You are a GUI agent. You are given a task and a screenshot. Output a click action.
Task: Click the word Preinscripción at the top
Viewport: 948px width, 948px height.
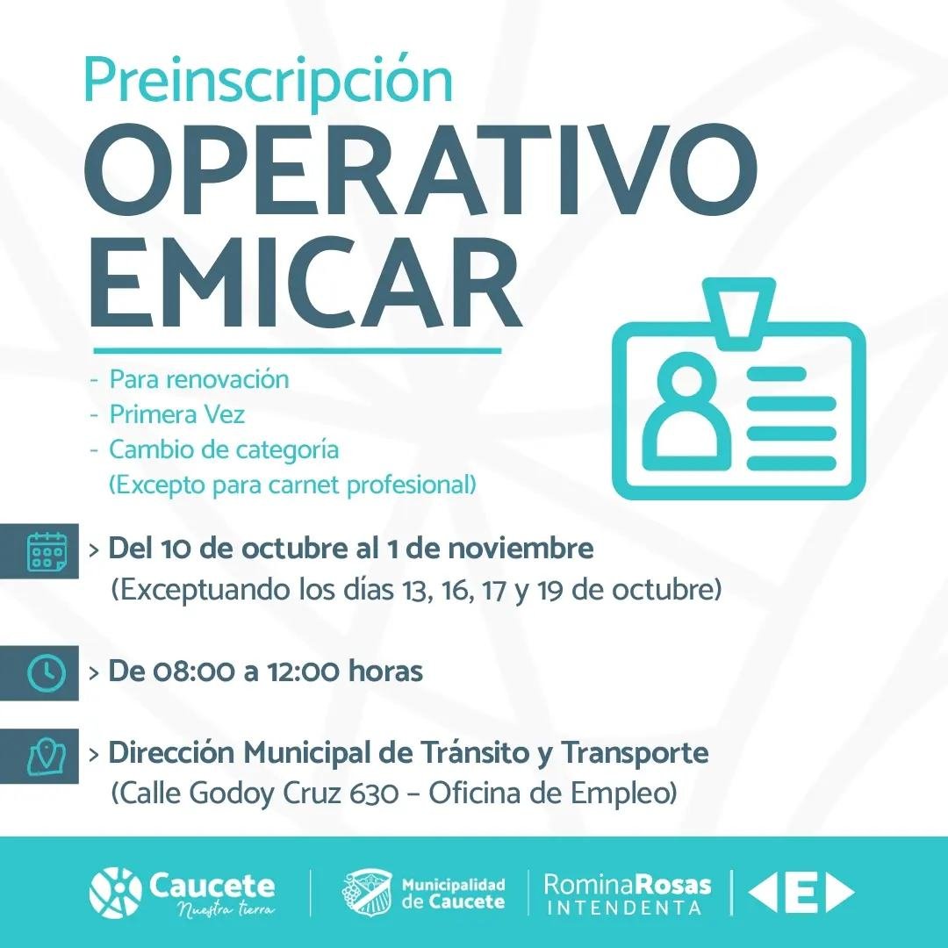point(268,82)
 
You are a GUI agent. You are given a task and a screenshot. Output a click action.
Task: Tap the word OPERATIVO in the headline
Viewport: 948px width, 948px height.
point(420,172)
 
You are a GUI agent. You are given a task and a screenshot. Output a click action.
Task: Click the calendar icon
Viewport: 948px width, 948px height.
point(47,550)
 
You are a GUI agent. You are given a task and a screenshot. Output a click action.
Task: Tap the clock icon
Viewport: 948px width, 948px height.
point(47,673)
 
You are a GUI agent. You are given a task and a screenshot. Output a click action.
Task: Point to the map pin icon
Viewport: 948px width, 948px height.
point(47,757)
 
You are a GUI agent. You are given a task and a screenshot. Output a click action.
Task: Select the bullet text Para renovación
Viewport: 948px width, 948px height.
point(199,380)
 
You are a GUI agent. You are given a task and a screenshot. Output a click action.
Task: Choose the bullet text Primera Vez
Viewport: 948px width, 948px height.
point(176,414)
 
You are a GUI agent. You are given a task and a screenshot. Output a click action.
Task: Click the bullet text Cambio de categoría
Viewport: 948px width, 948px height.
point(224,450)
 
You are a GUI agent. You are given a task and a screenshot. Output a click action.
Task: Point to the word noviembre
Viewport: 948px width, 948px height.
point(521,549)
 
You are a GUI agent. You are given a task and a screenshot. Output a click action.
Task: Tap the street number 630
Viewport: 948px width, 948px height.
point(374,794)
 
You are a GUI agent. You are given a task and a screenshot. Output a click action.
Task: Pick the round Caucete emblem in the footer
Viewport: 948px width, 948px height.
point(115,893)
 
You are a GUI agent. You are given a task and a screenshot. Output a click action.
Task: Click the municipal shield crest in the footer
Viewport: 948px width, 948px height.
point(366,893)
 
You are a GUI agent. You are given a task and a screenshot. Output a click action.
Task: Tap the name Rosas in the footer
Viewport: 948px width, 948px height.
point(675,885)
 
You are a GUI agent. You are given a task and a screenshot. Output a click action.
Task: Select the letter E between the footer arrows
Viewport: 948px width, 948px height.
point(801,893)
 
